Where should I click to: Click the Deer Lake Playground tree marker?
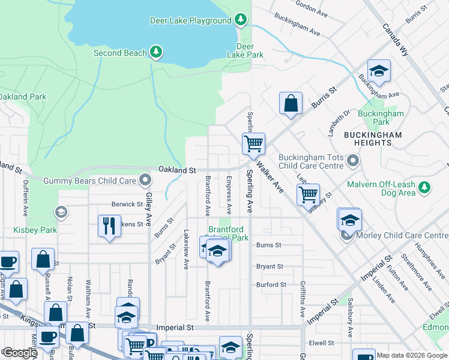point(241,20)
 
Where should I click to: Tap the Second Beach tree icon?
point(156,53)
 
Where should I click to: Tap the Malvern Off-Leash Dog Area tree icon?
point(424,188)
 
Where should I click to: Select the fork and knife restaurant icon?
point(109,226)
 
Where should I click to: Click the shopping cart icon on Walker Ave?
point(308,194)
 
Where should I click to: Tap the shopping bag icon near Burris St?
point(291,103)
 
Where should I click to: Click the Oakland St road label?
point(177,170)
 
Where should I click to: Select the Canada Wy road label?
point(396,41)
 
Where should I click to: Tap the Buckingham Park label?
point(381,118)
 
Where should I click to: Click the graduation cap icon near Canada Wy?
point(379,71)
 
